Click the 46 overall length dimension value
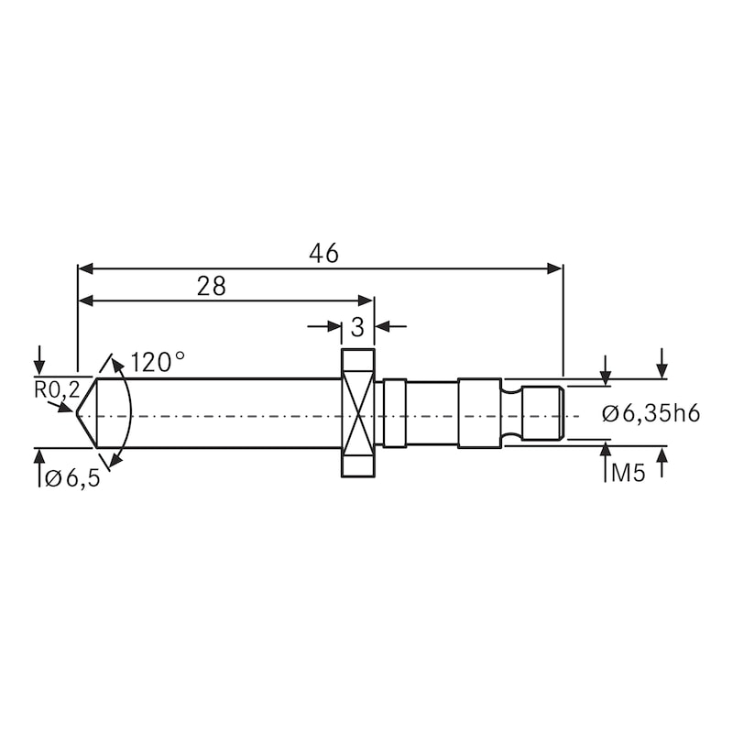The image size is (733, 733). click(323, 254)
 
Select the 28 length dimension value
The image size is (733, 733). click(211, 286)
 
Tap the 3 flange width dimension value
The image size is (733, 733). click(357, 326)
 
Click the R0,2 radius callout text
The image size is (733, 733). click(54, 389)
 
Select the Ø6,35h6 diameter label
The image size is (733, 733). click(651, 413)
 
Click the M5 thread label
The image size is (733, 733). click(627, 474)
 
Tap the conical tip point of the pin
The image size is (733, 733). click(79, 414)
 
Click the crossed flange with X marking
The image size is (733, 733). click(358, 413)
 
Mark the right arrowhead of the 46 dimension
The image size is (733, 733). click(555, 268)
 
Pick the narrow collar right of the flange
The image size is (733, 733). click(394, 413)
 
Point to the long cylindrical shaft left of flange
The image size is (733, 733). click(229, 413)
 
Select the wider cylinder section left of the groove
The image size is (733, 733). click(479, 413)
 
